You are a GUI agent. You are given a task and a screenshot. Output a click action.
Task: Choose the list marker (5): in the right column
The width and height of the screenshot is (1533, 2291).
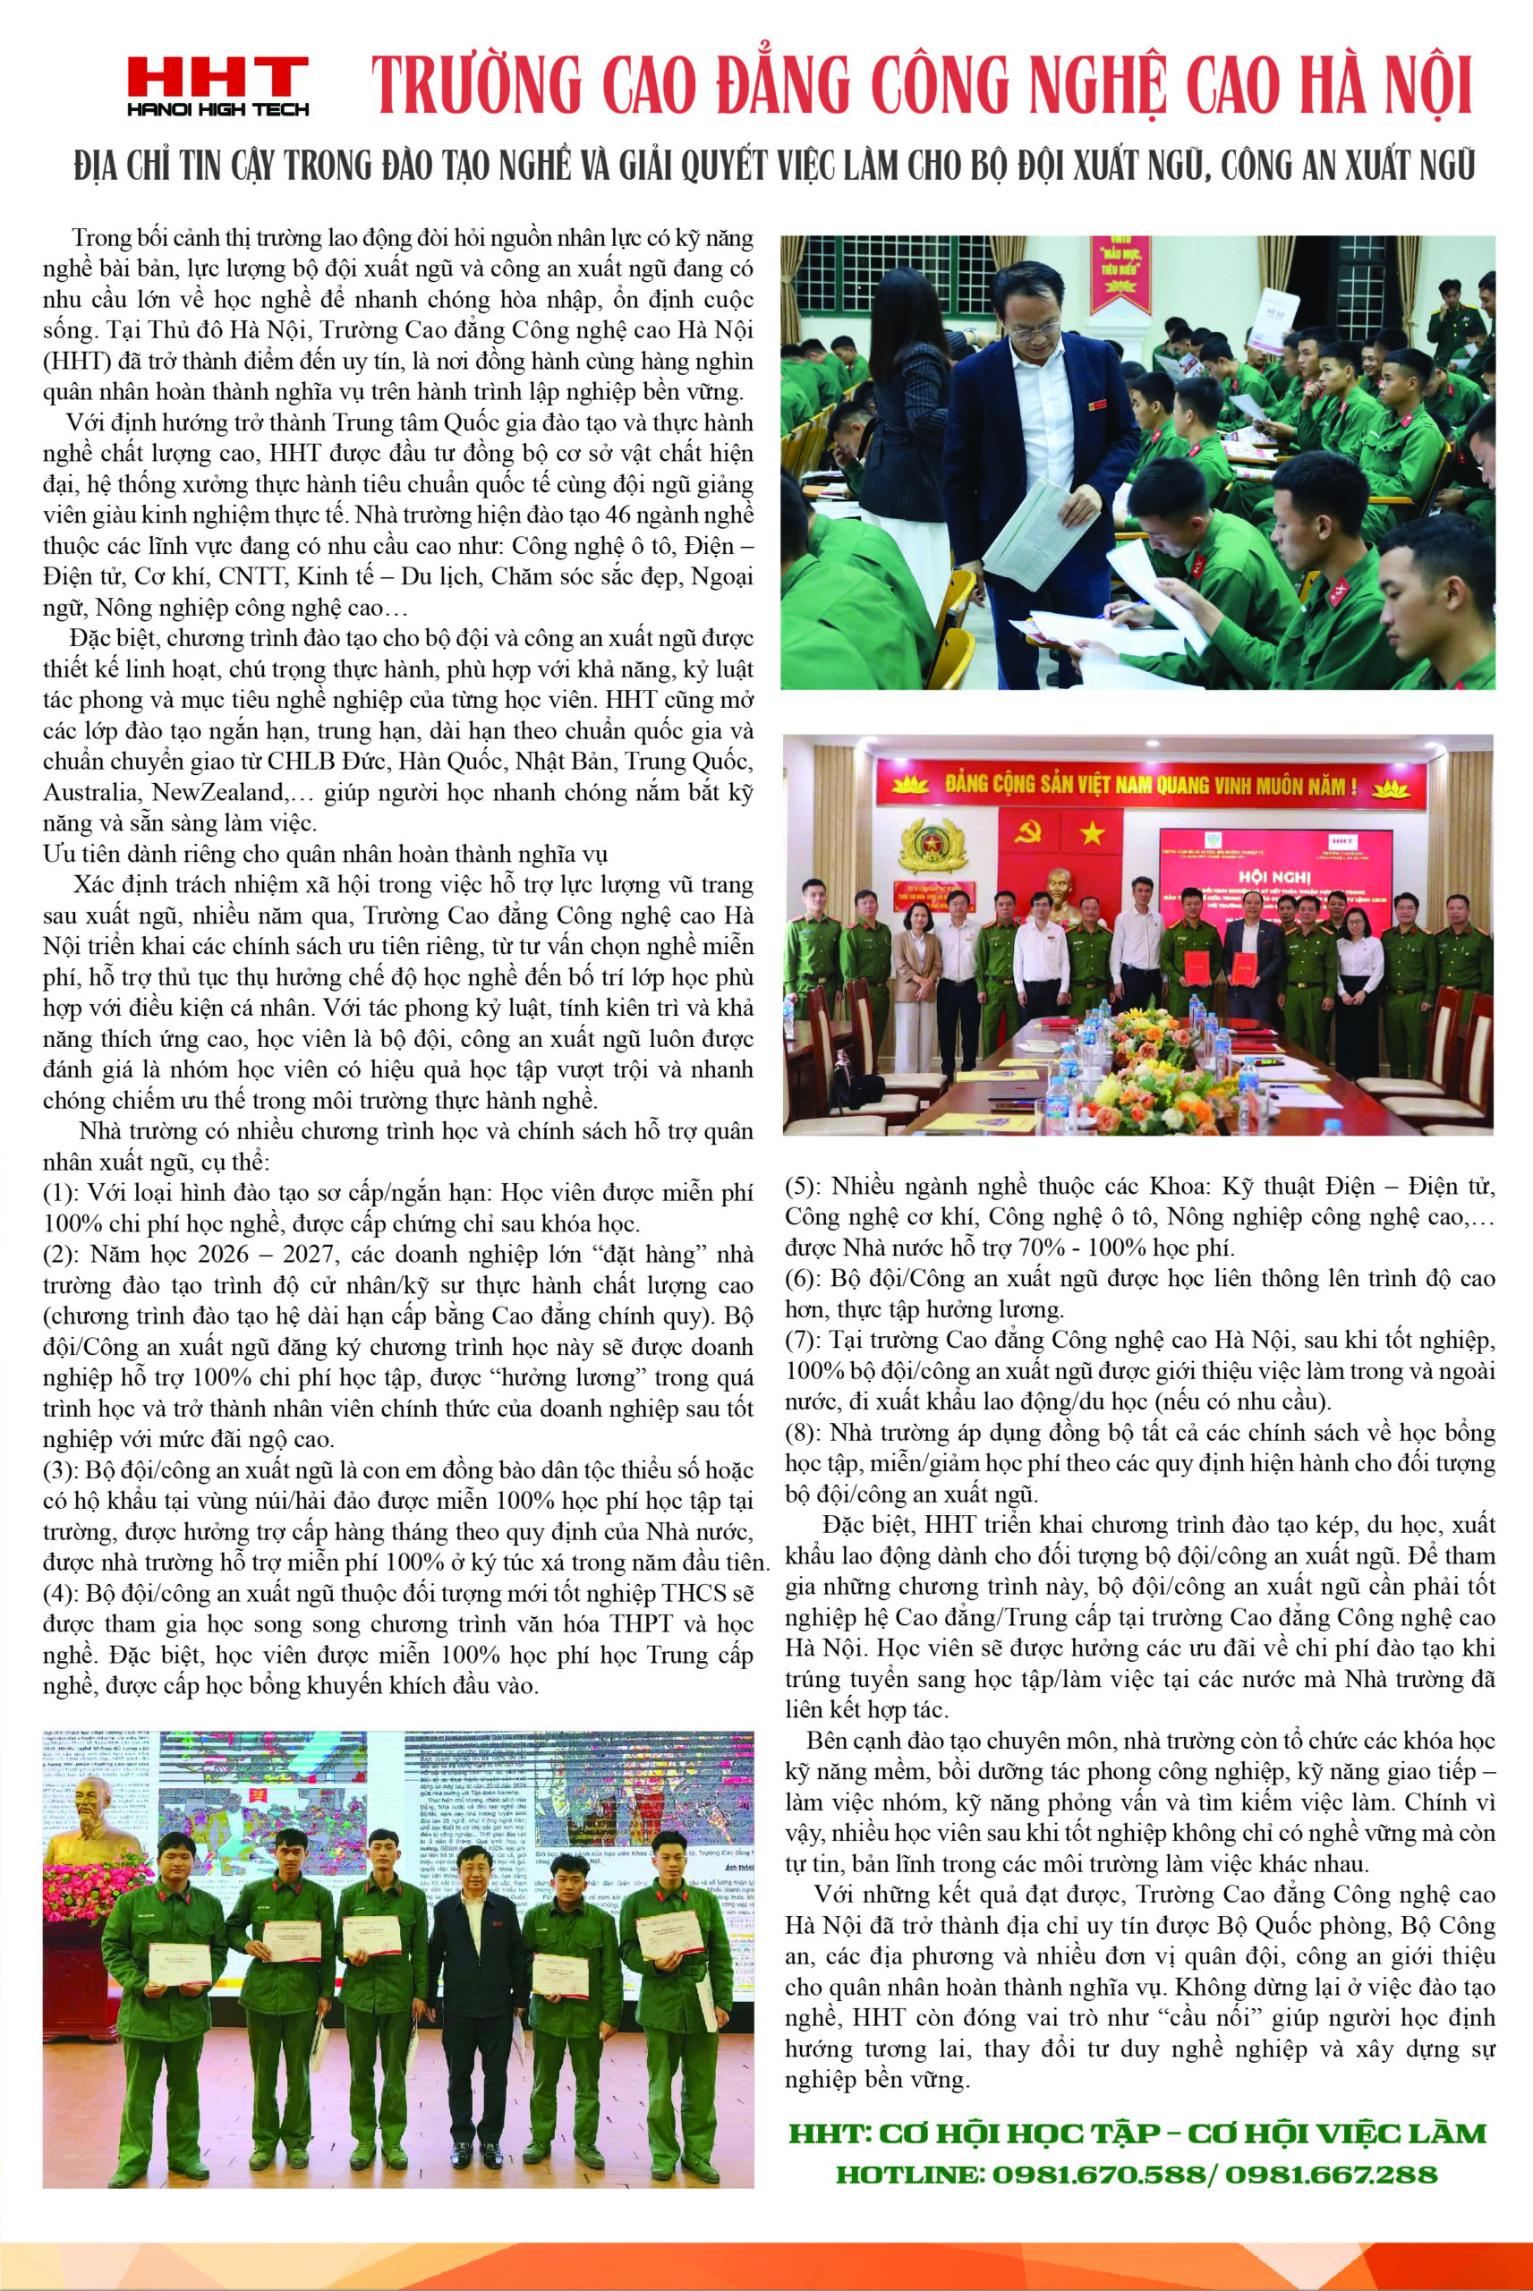tap(804, 1187)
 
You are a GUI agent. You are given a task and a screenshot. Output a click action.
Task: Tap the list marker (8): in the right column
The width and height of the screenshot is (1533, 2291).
tap(804, 1434)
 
